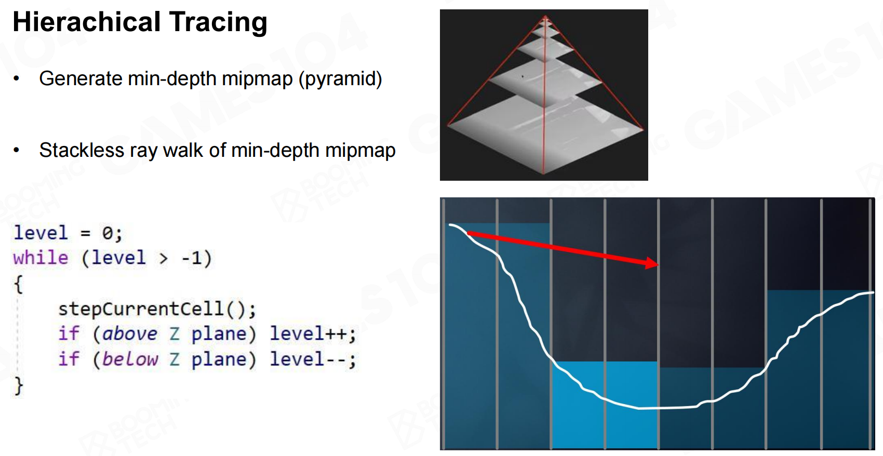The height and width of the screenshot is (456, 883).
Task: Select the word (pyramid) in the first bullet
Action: coord(341,79)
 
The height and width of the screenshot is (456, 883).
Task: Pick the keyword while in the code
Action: coord(41,258)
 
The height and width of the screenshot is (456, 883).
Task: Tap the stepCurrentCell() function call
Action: coord(157,309)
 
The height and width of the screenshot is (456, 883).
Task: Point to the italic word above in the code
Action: coord(130,334)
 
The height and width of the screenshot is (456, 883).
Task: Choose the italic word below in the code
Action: coord(130,359)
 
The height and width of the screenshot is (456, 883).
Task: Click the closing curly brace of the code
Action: coord(19,385)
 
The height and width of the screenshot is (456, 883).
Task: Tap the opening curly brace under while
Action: coord(19,284)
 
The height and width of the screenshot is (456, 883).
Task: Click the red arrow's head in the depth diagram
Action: coord(652,263)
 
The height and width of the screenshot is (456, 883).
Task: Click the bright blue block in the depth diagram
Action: coord(605,404)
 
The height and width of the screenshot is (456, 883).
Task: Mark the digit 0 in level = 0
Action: coord(108,233)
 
